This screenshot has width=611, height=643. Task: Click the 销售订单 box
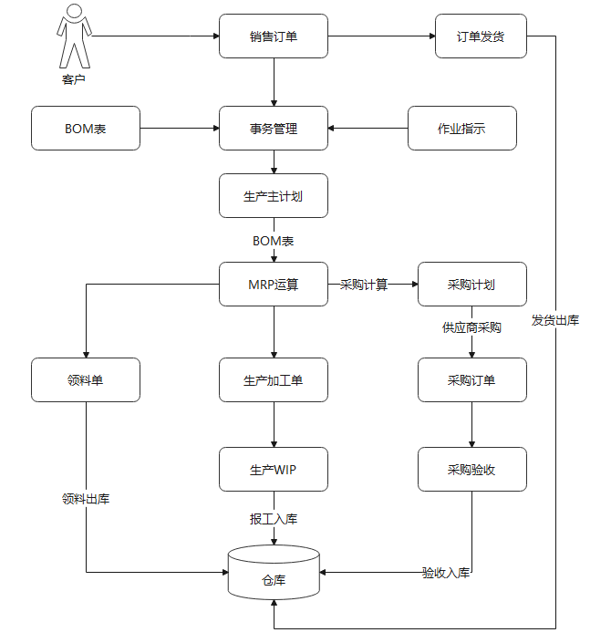tap(274, 37)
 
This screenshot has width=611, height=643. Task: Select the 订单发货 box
tap(481, 37)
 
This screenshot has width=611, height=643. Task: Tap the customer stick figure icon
tap(74, 38)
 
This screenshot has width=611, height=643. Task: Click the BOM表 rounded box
tap(86, 129)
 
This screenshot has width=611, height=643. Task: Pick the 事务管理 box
tap(274, 129)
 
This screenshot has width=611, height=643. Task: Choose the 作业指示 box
tap(461, 129)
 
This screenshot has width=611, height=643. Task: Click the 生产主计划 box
tap(274, 196)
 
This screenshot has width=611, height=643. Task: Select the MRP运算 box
tap(274, 285)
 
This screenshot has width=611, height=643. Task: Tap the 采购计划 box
tap(471, 285)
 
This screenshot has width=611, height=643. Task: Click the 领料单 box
tap(86, 379)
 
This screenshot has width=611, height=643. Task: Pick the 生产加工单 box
tap(274, 379)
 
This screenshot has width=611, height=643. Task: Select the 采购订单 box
tap(471, 379)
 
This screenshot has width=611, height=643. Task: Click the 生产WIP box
tap(274, 470)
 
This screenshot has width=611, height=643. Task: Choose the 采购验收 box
tap(471, 470)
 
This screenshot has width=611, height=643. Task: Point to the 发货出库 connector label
tap(555, 320)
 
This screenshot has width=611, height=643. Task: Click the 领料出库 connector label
tap(86, 499)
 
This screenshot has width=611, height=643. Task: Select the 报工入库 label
tap(274, 519)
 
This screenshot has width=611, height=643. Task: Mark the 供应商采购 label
tap(471, 327)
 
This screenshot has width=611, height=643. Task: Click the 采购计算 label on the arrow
tap(364, 285)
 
